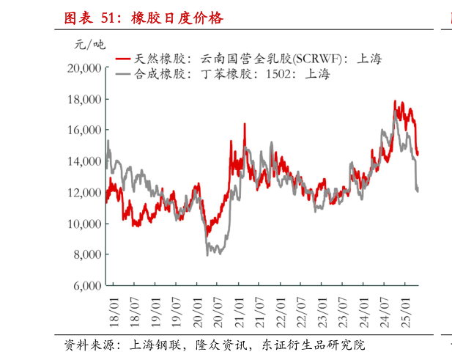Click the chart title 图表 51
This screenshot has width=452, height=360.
(144, 18)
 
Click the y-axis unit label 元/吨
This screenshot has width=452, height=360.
(89, 45)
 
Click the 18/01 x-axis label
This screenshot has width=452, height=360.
(114, 307)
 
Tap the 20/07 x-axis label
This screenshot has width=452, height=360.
(218, 307)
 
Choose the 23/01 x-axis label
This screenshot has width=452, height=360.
(324, 307)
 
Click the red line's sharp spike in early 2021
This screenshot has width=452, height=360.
(245, 124)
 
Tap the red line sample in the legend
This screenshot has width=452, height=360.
(122, 58)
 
